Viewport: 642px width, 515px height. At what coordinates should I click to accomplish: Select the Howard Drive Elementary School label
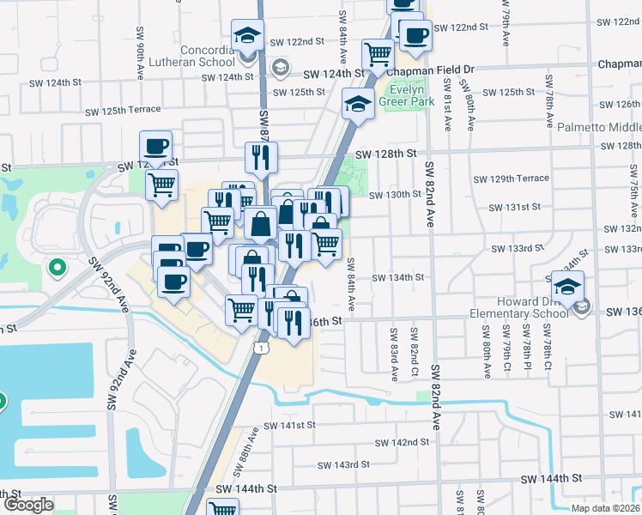[x=533, y=307]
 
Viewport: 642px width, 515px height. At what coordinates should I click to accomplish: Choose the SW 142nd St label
[x=401, y=443]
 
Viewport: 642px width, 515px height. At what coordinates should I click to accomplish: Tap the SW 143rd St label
[x=343, y=464]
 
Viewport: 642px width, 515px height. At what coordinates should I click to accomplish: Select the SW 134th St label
[x=397, y=277]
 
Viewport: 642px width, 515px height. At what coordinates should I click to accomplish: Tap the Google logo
[x=28, y=505]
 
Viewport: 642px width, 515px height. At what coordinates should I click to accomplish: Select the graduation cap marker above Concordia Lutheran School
[x=247, y=36]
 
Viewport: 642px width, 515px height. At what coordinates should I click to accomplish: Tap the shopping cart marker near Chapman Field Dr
[x=378, y=55]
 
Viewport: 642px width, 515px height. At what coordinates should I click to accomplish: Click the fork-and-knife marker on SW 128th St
[x=261, y=157]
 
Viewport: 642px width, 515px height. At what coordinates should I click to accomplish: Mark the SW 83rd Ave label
[x=394, y=353]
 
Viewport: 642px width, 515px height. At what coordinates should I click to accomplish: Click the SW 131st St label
[x=515, y=207]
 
